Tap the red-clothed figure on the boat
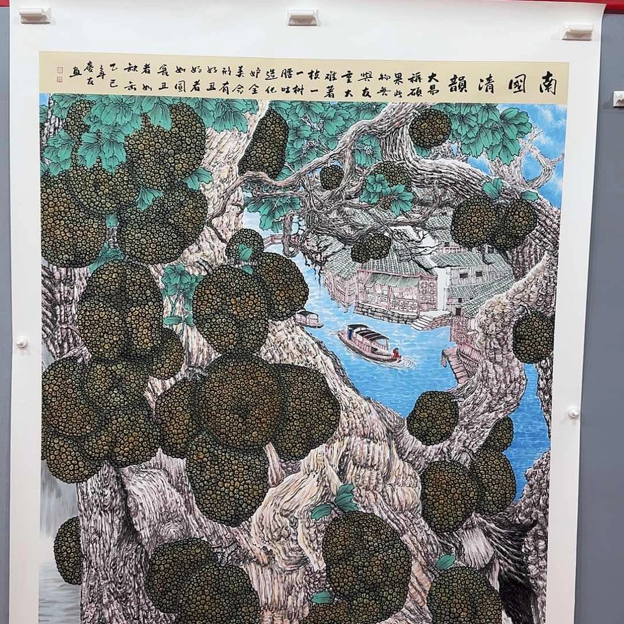coord(396,354)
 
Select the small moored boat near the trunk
coord(308,318)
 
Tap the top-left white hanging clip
coord(35,15)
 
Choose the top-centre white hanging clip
coord(303,17)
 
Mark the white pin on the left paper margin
coord(21,342)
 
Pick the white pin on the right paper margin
coord(573,413)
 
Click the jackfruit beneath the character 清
coord(430,128)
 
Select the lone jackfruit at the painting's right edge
coord(533,336)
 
